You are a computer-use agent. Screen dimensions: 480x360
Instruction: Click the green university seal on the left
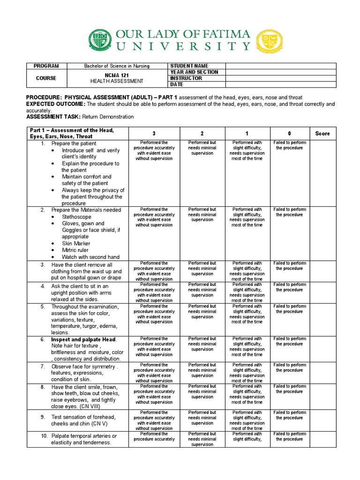[100, 40]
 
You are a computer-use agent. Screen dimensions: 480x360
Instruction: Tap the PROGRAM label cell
[46, 66]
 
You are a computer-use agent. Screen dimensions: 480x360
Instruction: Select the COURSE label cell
[46, 78]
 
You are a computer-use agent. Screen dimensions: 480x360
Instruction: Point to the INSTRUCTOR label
[186, 78]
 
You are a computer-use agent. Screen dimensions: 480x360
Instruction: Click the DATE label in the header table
[177, 84]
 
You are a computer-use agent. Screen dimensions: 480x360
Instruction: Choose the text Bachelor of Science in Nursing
[117, 66]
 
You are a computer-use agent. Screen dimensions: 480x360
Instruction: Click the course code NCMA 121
[117, 75]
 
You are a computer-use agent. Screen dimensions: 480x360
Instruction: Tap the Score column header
[322, 134]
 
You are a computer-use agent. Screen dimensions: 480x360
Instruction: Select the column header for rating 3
[154, 134]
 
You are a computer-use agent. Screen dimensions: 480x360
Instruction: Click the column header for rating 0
[289, 134]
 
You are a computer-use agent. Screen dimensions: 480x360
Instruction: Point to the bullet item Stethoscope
[77, 217]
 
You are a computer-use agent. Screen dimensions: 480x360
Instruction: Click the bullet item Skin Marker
[76, 243]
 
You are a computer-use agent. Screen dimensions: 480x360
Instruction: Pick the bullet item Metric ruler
[76, 250]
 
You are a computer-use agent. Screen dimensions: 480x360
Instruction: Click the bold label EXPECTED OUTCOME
[55, 104]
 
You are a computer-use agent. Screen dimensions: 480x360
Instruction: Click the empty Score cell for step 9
[322, 420]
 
